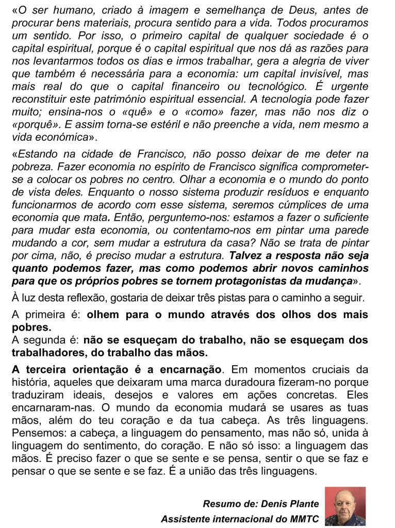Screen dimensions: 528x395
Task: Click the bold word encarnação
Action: (x=191, y=369)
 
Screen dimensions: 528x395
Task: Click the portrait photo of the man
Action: (x=345, y=506)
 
